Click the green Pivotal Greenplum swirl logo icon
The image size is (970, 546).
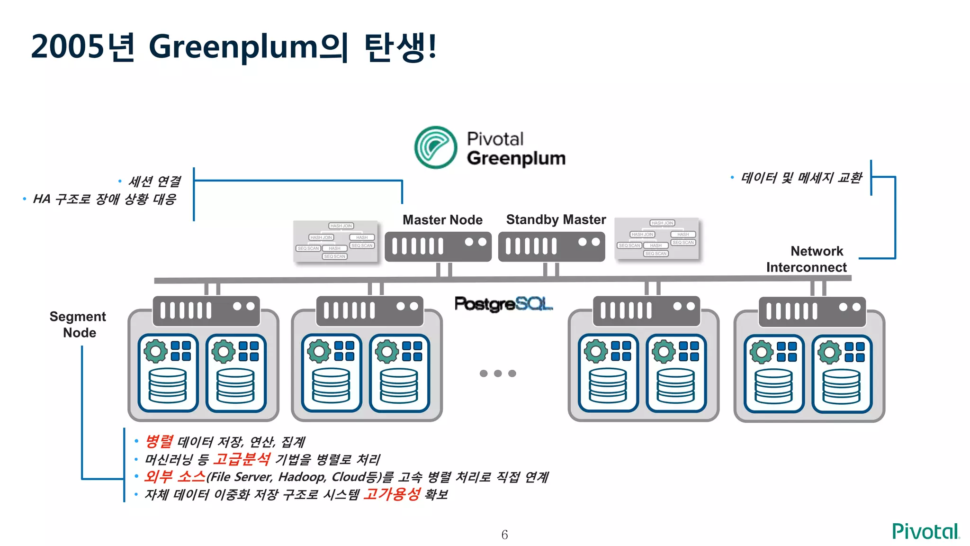point(435,147)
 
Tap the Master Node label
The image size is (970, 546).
point(442,220)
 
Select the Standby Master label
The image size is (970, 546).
point(556,219)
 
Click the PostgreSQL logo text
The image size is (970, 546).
point(503,304)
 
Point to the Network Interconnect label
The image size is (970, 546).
point(807,259)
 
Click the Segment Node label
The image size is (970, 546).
point(78,324)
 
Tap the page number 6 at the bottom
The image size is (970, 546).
point(504,535)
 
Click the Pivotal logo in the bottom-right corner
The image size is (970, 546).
point(925,531)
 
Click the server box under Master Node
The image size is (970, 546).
point(438,246)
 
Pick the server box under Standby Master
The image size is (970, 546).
point(551,246)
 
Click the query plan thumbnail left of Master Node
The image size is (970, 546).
point(335,241)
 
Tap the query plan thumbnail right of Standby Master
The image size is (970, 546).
point(656,238)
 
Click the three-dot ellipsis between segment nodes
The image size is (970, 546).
point(497,373)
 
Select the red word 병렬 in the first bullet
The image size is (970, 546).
point(159,441)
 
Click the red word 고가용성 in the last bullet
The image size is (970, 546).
point(392,494)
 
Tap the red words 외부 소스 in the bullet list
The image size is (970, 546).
point(175,476)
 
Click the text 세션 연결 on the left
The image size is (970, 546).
point(154,181)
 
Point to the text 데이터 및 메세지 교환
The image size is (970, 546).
point(801,178)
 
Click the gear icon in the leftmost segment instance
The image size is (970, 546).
point(156,351)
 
